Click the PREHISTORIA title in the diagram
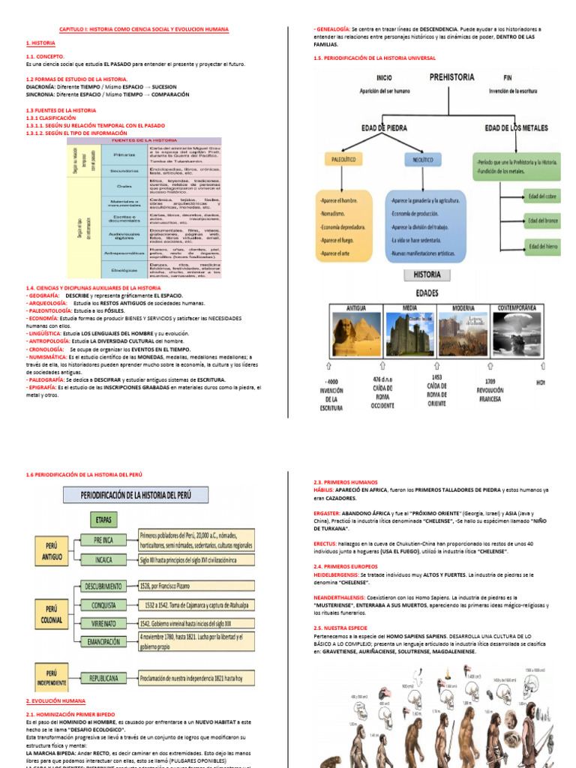click(x=451, y=76)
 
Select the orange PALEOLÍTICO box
click(x=341, y=160)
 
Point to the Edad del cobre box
click(x=543, y=196)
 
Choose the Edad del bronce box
click(x=543, y=220)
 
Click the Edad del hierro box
click(x=543, y=246)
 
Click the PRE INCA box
click(x=103, y=538)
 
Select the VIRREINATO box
click(x=105, y=622)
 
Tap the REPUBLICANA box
click(x=105, y=677)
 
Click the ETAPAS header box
click(x=104, y=518)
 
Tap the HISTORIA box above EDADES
click(x=427, y=275)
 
